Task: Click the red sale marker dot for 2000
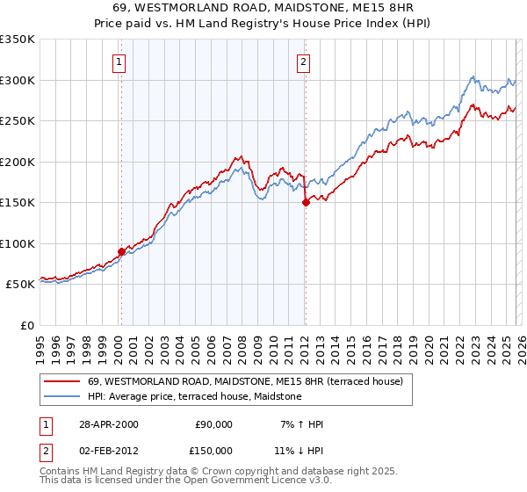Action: [x=121, y=251]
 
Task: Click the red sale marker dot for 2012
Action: [x=305, y=202]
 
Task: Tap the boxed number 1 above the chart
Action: [x=119, y=61]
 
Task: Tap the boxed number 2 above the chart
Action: [x=302, y=61]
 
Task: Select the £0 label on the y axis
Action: [x=26, y=325]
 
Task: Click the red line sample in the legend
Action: [x=61, y=381]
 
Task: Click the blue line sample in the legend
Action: [x=61, y=396]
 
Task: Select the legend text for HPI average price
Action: [x=194, y=396]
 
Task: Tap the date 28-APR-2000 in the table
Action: [x=106, y=424]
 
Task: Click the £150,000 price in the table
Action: [x=213, y=451]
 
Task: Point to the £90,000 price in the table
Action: [x=213, y=424]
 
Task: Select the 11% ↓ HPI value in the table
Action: [x=299, y=451]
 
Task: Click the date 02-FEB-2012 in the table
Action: [x=106, y=451]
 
